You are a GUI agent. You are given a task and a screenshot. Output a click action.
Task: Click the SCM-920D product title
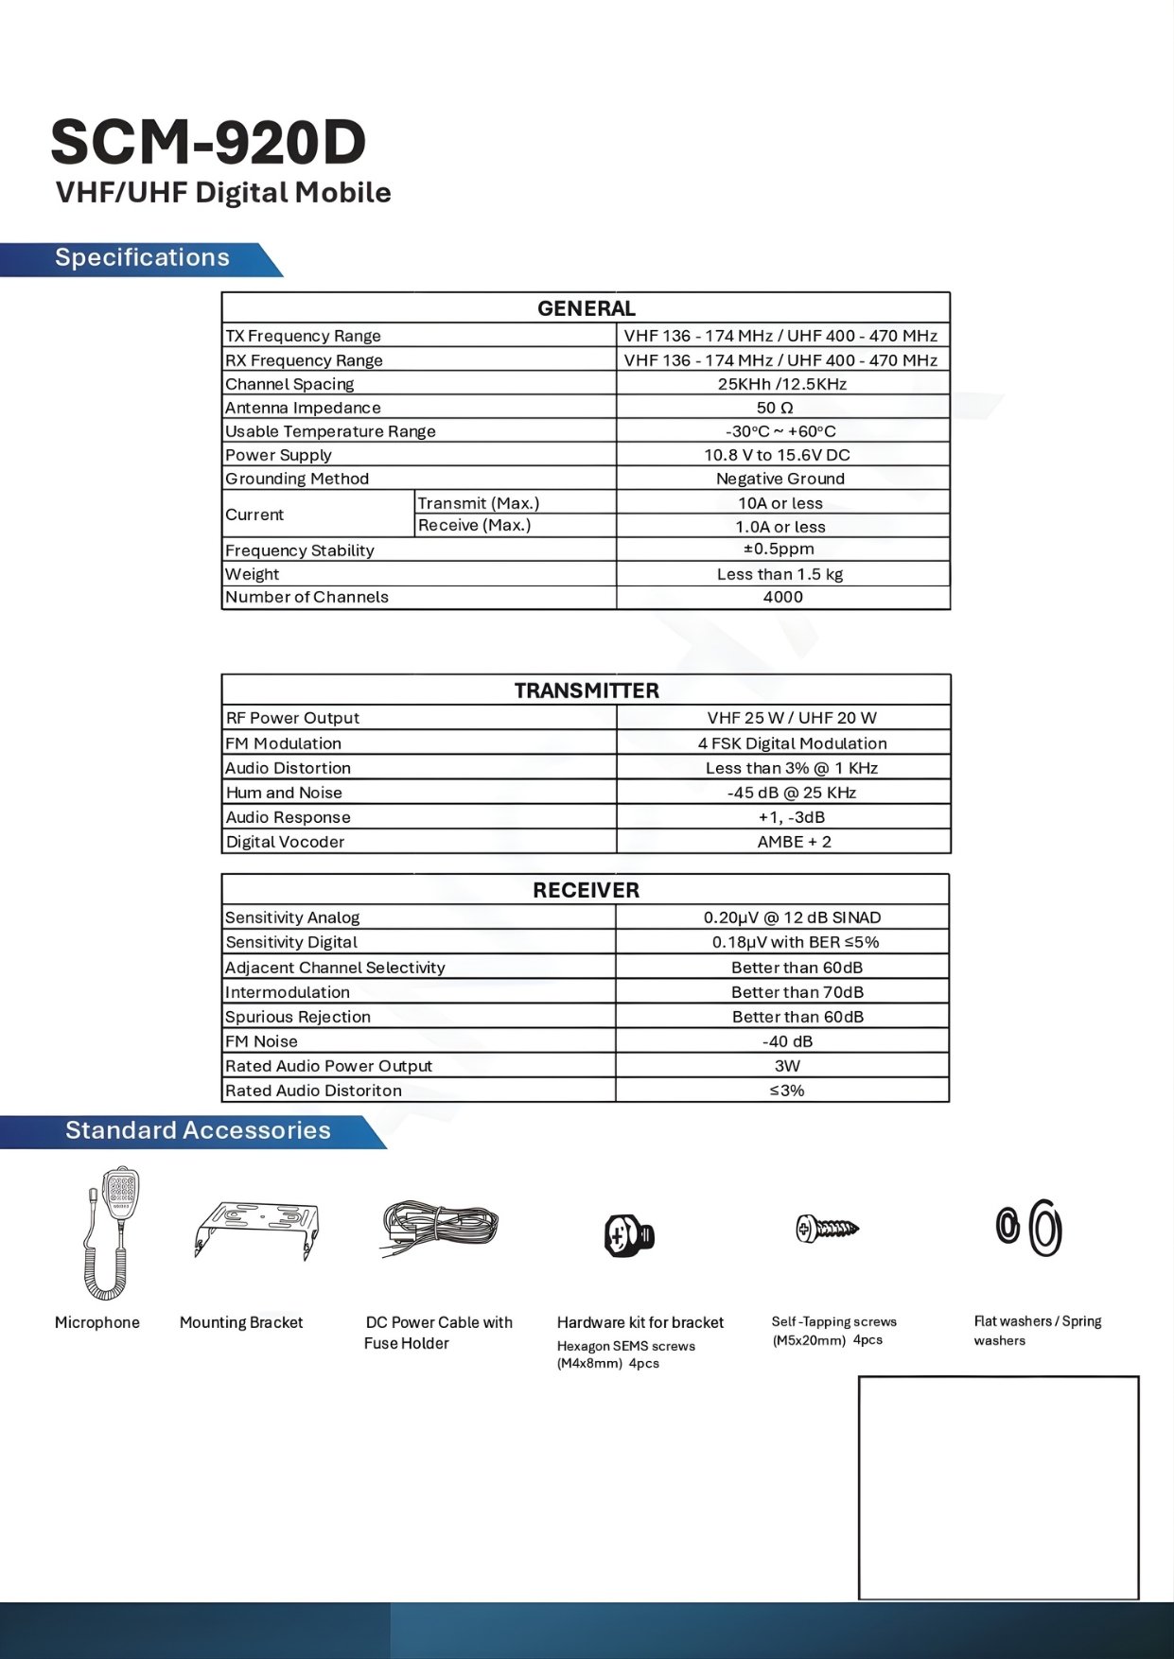(208, 144)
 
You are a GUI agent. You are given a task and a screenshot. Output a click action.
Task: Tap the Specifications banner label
(142, 258)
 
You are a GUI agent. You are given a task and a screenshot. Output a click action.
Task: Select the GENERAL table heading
(586, 308)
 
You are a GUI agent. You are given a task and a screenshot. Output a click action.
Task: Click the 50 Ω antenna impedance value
(775, 408)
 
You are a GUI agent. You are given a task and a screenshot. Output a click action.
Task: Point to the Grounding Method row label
(297, 479)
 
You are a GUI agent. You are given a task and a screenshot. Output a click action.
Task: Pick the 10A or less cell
(780, 503)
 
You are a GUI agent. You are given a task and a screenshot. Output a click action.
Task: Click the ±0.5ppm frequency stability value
(779, 550)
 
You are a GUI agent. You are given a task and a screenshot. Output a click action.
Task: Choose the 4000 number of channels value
(782, 597)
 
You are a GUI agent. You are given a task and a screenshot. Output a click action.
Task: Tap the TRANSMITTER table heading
(587, 690)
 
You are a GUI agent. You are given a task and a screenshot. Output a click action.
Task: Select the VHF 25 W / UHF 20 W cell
(791, 718)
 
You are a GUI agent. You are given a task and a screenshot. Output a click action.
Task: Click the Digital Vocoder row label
(285, 842)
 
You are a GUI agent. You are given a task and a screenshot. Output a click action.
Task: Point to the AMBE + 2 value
(794, 842)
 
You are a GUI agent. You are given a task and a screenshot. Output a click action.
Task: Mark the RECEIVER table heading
(586, 890)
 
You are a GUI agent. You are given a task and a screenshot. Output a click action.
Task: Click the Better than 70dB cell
(797, 992)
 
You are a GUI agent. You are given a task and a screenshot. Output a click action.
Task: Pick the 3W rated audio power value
(787, 1066)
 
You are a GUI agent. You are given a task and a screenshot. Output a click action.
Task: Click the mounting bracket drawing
(256, 1229)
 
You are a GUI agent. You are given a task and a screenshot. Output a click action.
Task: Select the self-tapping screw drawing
(827, 1229)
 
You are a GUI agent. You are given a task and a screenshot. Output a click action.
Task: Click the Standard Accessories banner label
(198, 1131)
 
